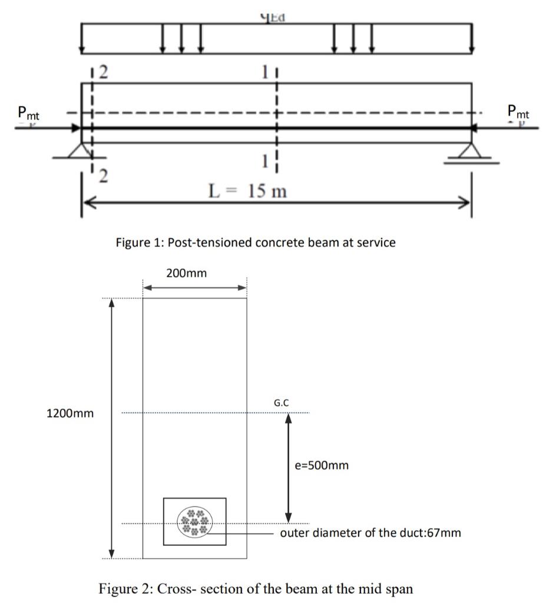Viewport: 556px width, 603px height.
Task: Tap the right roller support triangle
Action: click(471, 152)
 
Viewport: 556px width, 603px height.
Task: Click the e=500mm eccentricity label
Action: click(322, 466)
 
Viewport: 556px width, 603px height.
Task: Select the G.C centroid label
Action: click(281, 403)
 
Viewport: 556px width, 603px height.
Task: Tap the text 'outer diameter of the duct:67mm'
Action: click(370, 534)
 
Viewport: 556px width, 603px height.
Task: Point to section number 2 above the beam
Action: click(103, 72)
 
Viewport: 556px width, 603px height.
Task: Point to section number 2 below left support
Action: click(103, 176)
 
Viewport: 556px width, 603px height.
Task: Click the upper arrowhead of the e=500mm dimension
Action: click(289, 417)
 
